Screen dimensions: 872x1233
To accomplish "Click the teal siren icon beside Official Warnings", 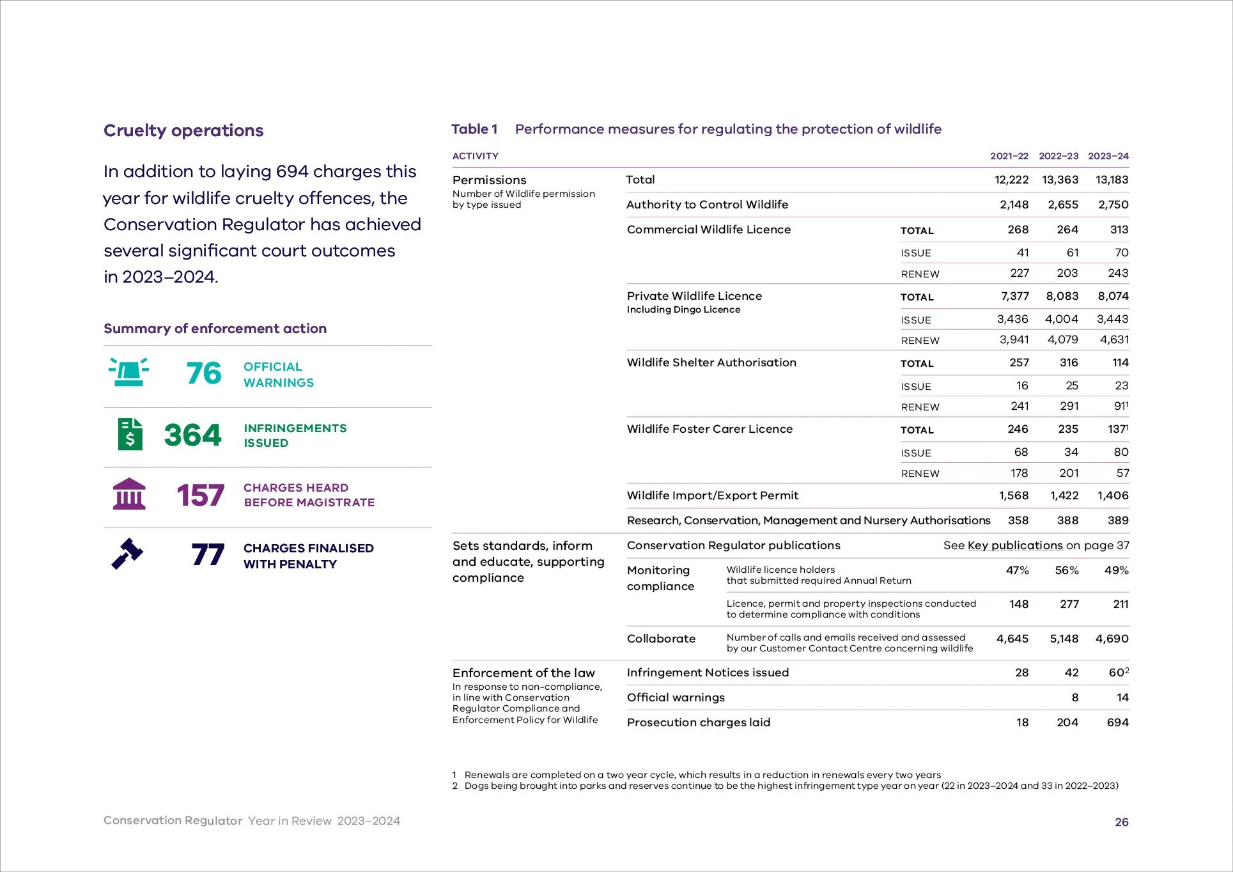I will (129, 372).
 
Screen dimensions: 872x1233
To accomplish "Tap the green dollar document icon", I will (130, 434).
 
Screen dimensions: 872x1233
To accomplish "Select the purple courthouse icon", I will (129, 494).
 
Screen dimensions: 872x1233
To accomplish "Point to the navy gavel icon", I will (127, 554).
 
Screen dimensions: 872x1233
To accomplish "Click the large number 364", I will (192, 435).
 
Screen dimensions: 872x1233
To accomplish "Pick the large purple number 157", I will (200, 495).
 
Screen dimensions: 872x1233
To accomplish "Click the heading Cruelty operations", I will (183, 130).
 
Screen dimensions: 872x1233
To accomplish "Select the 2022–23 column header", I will (1058, 156).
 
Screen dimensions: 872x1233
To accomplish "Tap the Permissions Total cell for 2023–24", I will (1112, 180).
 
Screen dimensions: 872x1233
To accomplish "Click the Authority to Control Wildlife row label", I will (707, 205).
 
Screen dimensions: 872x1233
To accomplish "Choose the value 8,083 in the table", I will (1062, 296).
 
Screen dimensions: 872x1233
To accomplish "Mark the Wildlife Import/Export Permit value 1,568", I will (1014, 495).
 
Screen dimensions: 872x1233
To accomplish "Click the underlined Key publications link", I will (1015, 545).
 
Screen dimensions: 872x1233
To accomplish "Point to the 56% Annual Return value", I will (1066, 570).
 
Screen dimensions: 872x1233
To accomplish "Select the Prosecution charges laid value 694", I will (1117, 722).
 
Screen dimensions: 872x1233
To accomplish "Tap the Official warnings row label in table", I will (676, 697).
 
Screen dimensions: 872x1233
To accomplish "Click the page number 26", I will (1121, 822).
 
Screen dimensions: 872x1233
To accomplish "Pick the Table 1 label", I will (474, 129).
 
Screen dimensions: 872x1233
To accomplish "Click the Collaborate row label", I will (661, 639).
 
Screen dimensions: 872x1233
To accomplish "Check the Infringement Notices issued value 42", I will (1071, 673).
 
